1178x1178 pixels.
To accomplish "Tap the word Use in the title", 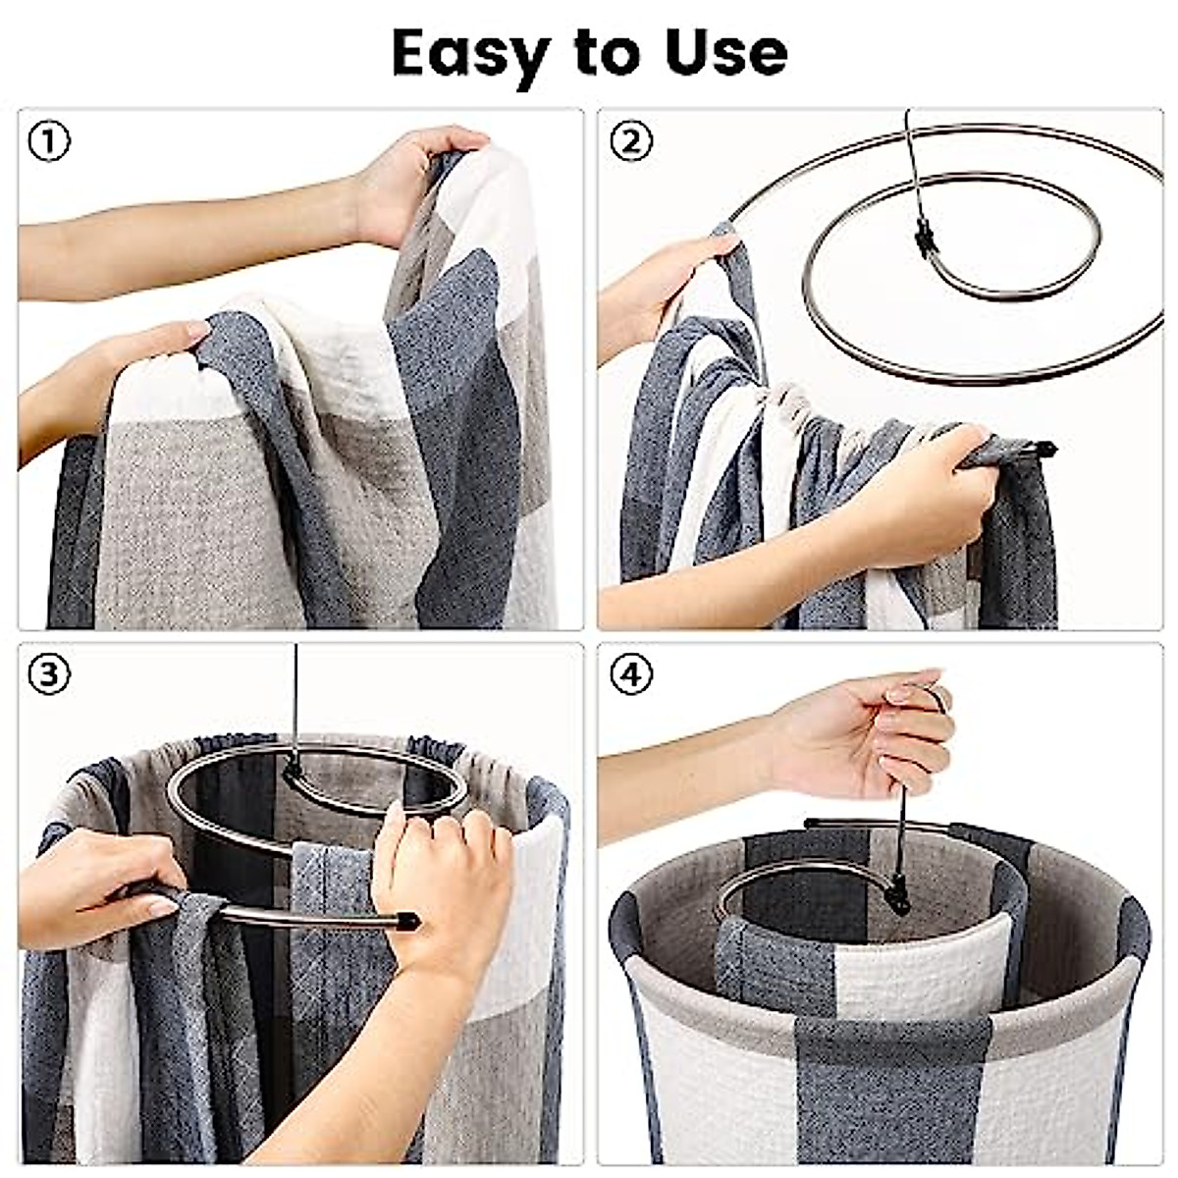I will click(x=725, y=52).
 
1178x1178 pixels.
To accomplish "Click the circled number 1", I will click(x=49, y=142).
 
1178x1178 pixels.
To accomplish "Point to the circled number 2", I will click(x=630, y=142).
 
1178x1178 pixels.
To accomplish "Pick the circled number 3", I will click(x=49, y=675).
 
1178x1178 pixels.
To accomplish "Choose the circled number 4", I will click(x=630, y=675).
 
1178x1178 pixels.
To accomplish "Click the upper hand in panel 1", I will click(x=412, y=182).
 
